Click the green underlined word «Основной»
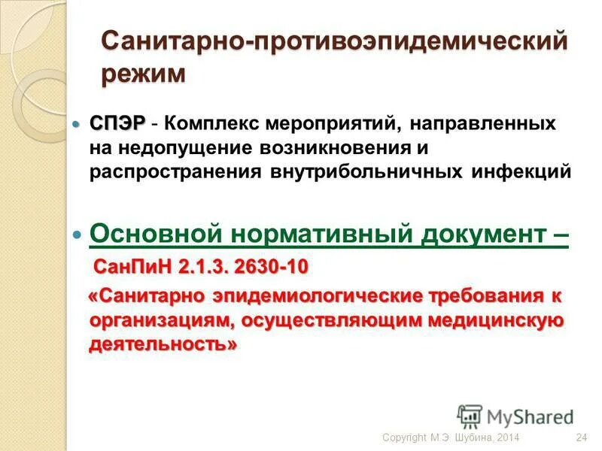pos(150,234)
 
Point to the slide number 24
pos(580,438)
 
